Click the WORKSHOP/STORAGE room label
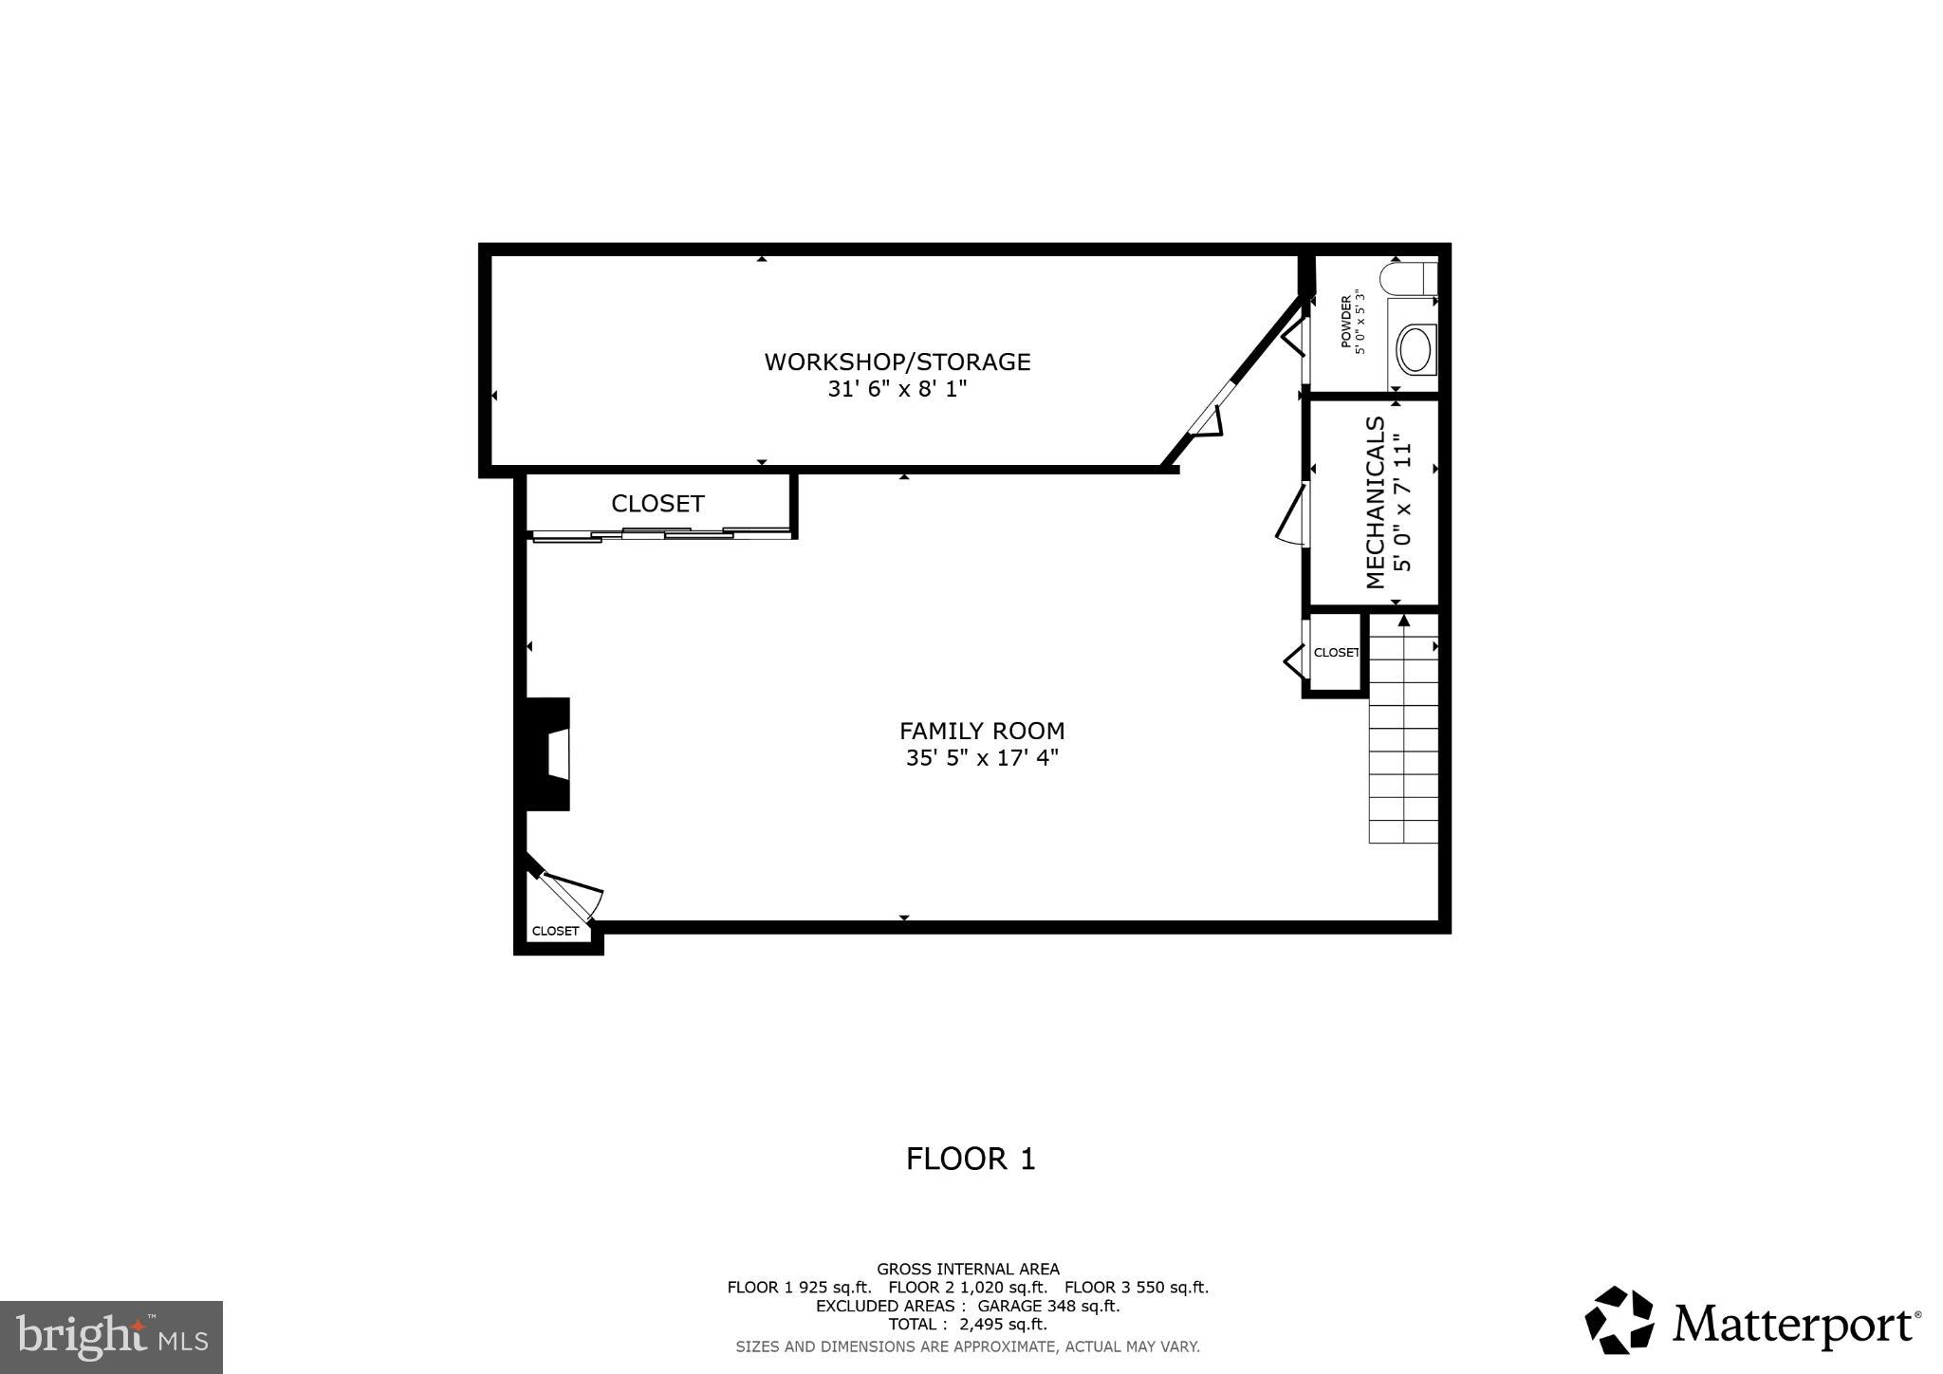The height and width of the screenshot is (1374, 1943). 897,362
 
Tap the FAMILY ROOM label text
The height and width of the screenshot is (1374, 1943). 982,731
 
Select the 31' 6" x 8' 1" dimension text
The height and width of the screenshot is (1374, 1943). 897,389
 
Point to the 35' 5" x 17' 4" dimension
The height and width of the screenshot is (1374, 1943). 982,758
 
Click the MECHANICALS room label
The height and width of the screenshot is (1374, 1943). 1376,503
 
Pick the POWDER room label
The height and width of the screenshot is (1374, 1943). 1345,322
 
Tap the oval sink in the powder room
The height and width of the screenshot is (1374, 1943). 1416,350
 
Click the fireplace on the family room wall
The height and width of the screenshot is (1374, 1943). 549,754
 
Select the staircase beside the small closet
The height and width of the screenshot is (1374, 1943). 1403,740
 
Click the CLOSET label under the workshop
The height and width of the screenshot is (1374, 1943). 657,504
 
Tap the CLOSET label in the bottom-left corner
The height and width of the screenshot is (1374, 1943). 555,931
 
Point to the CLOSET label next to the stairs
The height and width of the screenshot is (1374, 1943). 1336,653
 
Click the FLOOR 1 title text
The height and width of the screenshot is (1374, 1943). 971,1159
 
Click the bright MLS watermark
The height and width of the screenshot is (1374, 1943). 111,1337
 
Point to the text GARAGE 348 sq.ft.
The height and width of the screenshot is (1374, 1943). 1048,1306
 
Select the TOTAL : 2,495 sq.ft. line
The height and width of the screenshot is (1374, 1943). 968,1324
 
